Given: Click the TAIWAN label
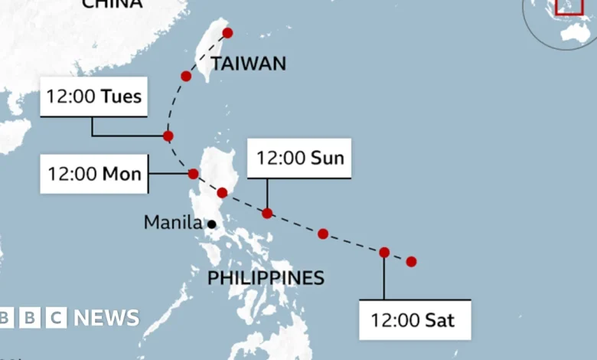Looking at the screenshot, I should click(248, 64).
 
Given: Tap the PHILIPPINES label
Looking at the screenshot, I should click(266, 278).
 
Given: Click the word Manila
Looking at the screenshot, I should click(173, 223).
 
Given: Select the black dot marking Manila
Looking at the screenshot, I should click(210, 224).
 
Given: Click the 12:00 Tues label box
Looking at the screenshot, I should click(93, 97).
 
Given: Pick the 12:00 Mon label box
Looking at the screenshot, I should click(93, 174).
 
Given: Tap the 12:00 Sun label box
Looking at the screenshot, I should click(299, 159).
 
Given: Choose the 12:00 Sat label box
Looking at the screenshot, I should click(414, 319).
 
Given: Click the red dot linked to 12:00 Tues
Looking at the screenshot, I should click(168, 136).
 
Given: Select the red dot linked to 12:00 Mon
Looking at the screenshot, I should click(193, 174).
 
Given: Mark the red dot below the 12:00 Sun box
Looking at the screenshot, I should click(267, 213).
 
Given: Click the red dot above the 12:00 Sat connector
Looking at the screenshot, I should click(384, 252).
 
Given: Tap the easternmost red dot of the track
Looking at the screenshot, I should click(411, 261).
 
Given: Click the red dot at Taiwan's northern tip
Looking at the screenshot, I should click(227, 33).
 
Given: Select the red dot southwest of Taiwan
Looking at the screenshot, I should click(186, 76).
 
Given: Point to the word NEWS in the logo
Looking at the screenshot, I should click(106, 318).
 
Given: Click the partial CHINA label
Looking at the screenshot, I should click(112, 5).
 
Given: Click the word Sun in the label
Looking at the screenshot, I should click(327, 159).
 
